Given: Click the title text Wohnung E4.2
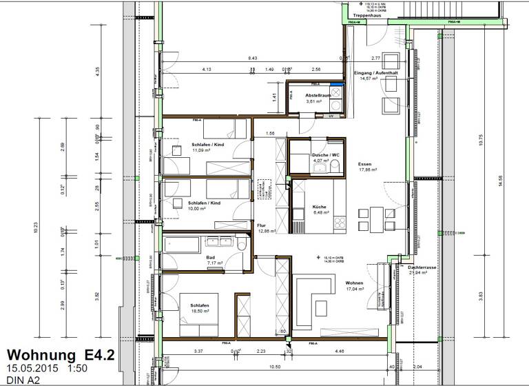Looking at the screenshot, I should tap(61, 354).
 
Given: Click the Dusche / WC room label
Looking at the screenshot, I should tap(326, 155).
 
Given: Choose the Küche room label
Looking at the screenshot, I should tap(318, 206).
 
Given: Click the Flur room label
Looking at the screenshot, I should tap(262, 225).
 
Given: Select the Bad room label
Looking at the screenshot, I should tap(211, 256).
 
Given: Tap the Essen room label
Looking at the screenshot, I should tap(364, 164).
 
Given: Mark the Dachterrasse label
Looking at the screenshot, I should tap(421, 266).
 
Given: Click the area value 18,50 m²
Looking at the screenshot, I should tap(200, 310).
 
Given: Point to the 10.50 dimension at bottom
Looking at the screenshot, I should tap(273, 367).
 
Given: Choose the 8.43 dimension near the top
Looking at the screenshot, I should tap(253, 59).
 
